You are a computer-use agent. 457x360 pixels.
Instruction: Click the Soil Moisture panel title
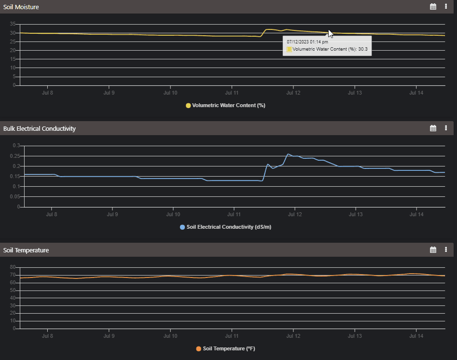(x=21, y=7)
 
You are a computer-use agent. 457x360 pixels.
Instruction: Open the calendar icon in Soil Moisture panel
(x=433, y=7)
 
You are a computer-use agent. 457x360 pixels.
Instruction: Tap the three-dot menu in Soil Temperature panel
(x=446, y=249)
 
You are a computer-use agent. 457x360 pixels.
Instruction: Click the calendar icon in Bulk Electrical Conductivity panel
(x=433, y=128)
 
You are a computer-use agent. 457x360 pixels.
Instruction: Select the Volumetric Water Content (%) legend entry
(x=225, y=105)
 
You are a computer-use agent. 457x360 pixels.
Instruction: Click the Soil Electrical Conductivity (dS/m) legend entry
(x=225, y=227)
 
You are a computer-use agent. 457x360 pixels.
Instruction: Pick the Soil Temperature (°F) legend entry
(x=225, y=348)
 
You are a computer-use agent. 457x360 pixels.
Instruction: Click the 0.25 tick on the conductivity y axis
(x=15, y=156)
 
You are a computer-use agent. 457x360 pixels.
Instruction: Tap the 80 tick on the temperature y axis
(x=14, y=267)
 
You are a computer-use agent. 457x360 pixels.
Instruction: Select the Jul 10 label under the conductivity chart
(x=173, y=214)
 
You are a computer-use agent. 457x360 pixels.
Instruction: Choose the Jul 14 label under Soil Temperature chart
(x=416, y=336)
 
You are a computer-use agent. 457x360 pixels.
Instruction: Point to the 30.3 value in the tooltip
(x=363, y=49)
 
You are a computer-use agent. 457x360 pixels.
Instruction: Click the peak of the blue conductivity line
(x=288, y=154)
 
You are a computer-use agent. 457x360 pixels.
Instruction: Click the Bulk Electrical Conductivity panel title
(x=40, y=129)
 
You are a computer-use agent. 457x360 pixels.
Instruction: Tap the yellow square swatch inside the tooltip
(x=289, y=49)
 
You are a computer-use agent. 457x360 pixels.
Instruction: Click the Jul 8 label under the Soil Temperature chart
(x=47, y=336)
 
